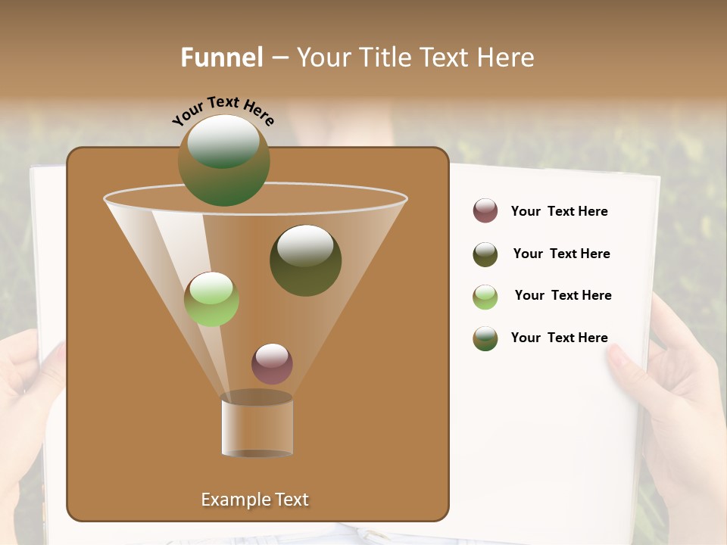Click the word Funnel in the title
(222, 58)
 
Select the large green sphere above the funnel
(223, 160)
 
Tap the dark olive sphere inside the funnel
(305, 260)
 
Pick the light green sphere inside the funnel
(211, 299)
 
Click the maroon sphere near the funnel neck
(272, 363)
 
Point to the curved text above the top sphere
(223, 111)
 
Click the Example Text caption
(255, 500)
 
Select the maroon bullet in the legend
(485, 210)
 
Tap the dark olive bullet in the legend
(485, 254)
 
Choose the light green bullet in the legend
(485, 296)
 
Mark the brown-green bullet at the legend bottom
(485, 338)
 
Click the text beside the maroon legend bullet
(559, 211)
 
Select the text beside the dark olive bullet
(561, 254)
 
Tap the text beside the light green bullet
(563, 295)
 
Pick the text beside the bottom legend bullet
(559, 338)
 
